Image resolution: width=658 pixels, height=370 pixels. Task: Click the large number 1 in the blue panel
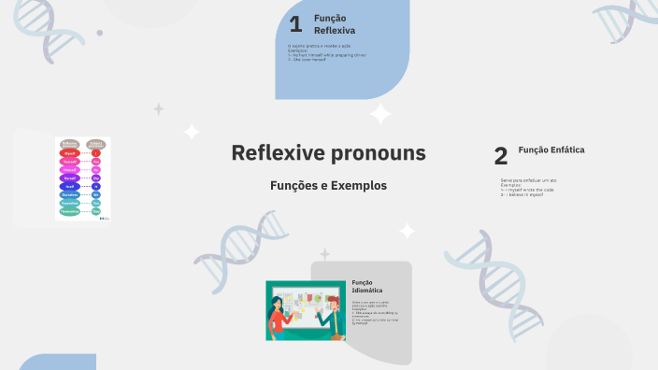click(295, 24)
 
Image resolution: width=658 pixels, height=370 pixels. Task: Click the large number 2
click(501, 156)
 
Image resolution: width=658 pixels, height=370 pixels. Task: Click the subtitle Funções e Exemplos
click(328, 185)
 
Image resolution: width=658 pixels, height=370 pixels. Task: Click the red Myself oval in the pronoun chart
click(69, 153)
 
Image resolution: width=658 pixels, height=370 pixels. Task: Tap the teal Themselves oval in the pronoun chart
click(69, 211)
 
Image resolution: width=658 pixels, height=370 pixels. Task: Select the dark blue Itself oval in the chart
click(69, 187)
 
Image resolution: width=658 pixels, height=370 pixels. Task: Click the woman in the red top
click(279, 318)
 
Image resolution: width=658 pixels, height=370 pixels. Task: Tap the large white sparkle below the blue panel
click(380, 115)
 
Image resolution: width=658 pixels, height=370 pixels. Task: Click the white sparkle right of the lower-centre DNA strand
click(408, 231)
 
